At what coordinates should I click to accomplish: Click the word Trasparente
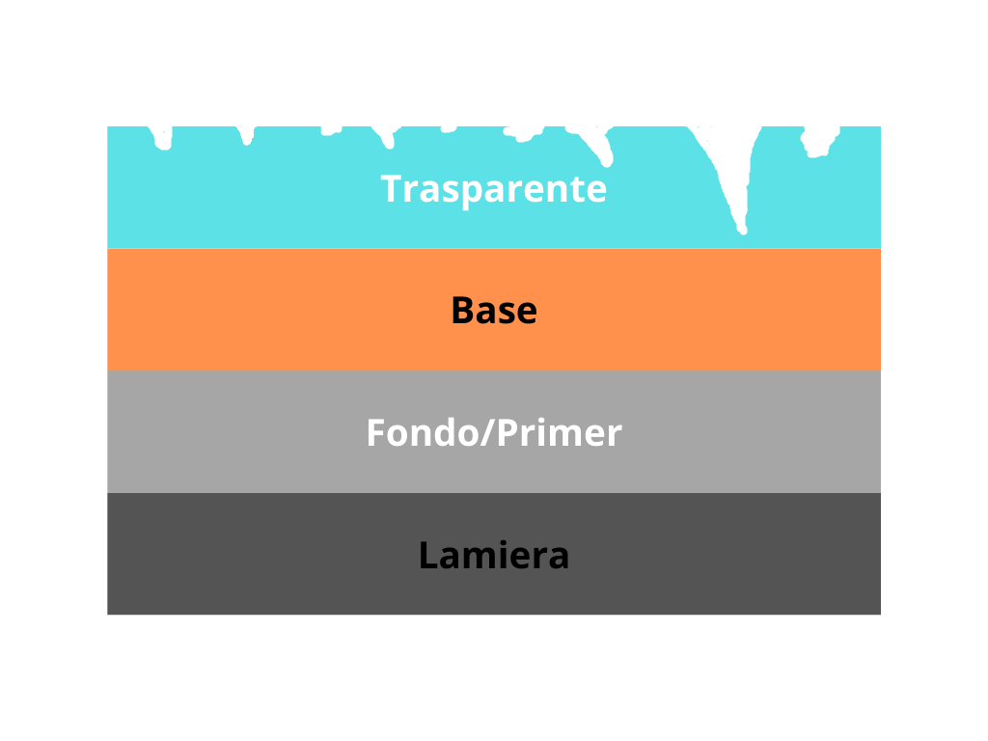click(x=493, y=189)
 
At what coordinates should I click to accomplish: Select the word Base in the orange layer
click(x=494, y=310)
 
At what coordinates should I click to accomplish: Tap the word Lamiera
click(x=493, y=555)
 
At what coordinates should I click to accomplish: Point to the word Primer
click(x=559, y=432)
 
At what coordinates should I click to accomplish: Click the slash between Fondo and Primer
click(x=487, y=433)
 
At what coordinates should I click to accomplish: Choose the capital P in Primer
click(x=508, y=433)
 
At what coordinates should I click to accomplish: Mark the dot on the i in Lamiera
click(x=500, y=542)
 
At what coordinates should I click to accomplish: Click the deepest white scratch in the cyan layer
click(x=731, y=177)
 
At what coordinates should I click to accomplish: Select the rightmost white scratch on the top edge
click(x=820, y=141)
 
